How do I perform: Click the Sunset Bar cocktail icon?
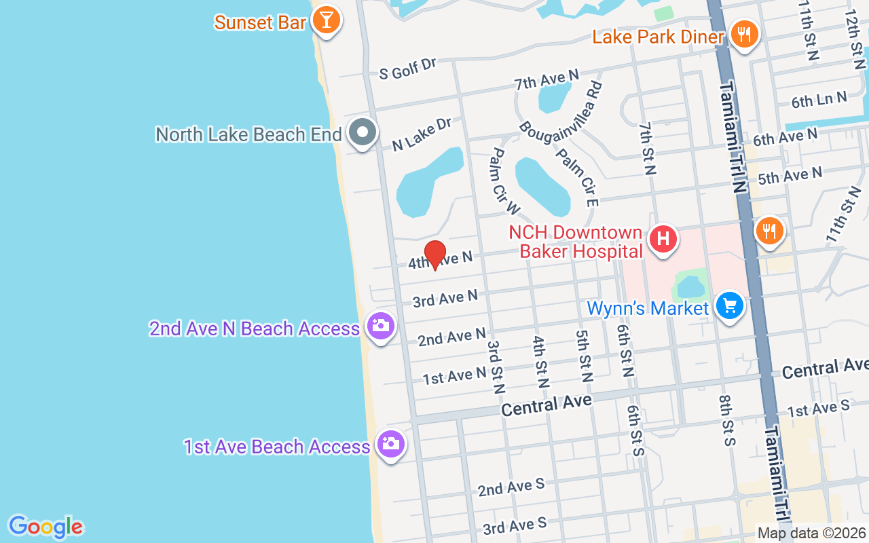(x=326, y=20)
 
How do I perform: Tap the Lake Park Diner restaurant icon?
(x=745, y=34)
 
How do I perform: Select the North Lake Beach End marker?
(x=363, y=132)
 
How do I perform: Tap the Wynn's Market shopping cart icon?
(x=730, y=307)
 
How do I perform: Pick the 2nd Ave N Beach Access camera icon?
(x=380, y=326)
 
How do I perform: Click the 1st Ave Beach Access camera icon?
(x=390, y=445)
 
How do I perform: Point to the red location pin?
(x=434, y=254)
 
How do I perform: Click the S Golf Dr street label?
(x=407, y=69)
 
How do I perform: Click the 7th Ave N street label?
(x=547, y=80)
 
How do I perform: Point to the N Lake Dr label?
(x=422, y=134)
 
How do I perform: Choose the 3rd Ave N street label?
(x=445, y=298)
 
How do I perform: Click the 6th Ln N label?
(x=819, y=100)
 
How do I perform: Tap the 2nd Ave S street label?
(x=511, y=487)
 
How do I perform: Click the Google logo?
(x=45, y=527)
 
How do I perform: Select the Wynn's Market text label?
(x=647, y=308)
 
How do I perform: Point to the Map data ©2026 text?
(x=811, y=533)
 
